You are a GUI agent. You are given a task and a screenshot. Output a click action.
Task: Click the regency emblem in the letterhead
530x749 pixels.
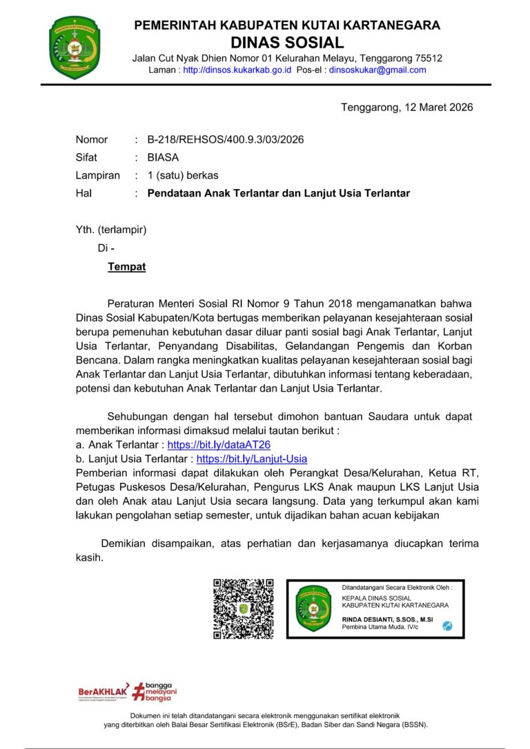(75, 47)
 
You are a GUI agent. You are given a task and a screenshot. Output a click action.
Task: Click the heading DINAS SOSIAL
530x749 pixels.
(286, 42)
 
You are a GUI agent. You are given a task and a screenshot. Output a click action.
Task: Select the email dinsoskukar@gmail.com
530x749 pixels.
(377, 70)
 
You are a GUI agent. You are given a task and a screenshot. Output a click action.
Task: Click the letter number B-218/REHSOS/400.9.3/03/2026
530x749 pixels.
(226, 139)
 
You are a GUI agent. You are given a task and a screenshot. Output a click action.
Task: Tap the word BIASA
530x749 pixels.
(163, 157)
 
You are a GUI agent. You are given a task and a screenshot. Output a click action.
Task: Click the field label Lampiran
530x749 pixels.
(97, 175)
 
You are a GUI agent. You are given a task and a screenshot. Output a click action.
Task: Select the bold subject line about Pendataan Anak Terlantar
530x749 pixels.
(279, 193)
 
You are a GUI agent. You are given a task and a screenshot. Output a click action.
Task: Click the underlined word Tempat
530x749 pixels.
(126, 266)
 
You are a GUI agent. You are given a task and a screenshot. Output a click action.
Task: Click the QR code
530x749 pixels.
(244, 608)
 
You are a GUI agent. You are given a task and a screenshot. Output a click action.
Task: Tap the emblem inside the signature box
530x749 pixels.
(313, 609)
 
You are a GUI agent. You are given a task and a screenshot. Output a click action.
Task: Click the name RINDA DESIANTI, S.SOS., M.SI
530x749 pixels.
(387, 620)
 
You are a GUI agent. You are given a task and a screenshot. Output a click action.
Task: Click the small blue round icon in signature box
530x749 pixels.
(447, 625)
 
